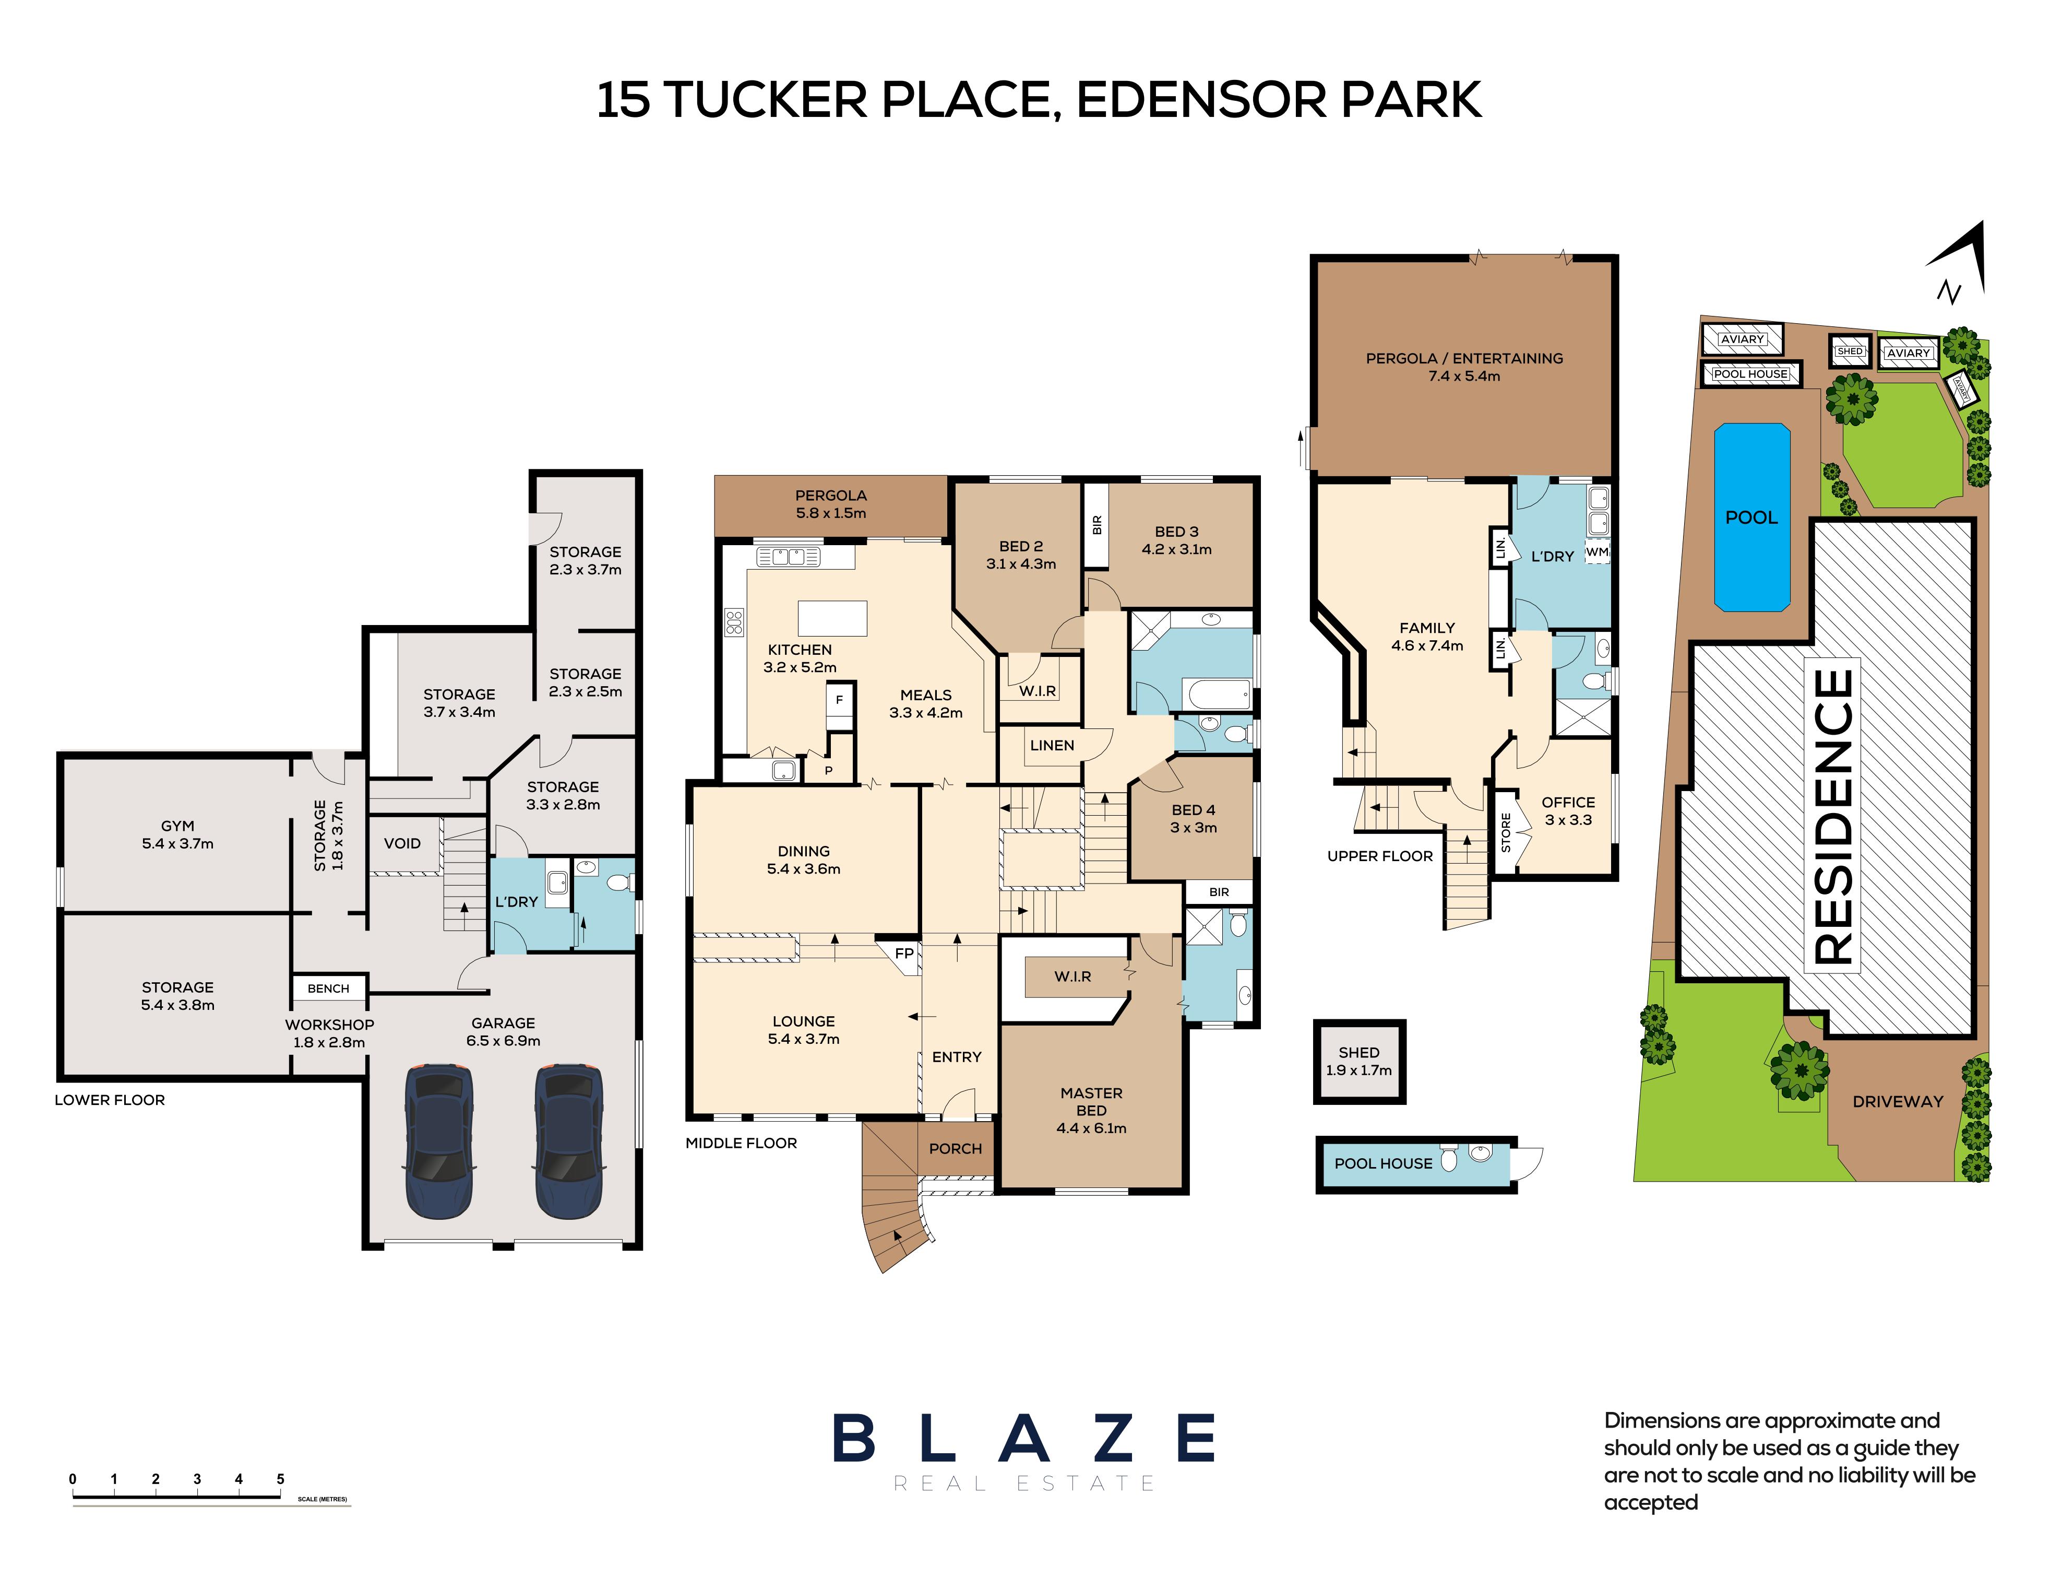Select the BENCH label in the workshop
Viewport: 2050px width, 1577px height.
pos(328,988)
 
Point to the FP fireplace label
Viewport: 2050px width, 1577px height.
pos(903,953)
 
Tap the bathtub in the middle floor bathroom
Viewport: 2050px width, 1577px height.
pos(1218,696)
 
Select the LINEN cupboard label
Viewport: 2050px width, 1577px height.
pos(1052,745)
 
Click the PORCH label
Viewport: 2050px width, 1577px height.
pos(955,1148)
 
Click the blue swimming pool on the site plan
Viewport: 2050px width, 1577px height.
pos(1751,517)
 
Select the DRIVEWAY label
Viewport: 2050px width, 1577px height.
pos(1897,1101)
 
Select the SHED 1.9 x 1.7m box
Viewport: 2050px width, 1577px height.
pos(1358,1061)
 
